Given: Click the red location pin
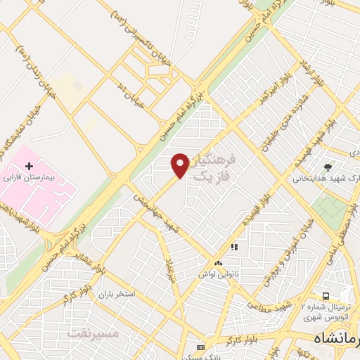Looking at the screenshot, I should pos(180,165).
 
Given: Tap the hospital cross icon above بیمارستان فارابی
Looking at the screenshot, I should pos(28,166).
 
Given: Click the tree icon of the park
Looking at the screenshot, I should pos(328,166).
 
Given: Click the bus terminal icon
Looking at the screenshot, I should pos(326,296).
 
